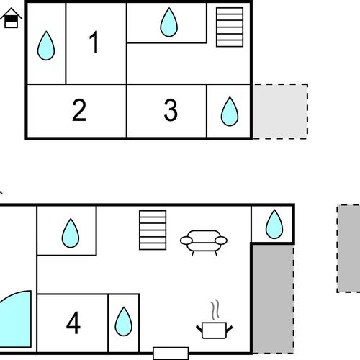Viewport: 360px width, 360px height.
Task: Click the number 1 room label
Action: pos(94,42)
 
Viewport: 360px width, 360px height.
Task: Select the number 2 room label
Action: pos(79,110)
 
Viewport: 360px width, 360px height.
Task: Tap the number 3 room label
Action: pos(171,110)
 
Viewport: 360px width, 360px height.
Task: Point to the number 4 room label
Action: pos(73,323)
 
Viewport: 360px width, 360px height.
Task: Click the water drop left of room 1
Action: pos(46,45)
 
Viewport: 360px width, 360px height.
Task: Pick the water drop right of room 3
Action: pos(230,112)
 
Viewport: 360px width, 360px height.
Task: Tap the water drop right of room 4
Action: pos(123,321)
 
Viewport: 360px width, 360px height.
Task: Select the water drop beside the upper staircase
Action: pos(168,22)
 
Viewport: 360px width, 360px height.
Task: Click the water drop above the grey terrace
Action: pos(274,224)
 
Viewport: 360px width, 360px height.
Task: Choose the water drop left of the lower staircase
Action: pos(71,233)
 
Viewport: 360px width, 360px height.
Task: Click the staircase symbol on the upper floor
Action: pos(230,27)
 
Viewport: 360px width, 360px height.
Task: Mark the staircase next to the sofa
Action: pos(153,230)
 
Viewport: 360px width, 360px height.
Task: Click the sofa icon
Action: pos(204,243)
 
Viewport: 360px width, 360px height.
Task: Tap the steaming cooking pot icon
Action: pos(214,330)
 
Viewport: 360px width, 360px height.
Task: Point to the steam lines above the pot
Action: pos(215,310)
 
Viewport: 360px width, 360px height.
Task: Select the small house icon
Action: pos(11,18)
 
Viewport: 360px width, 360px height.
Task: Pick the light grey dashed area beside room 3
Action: pos(280,111)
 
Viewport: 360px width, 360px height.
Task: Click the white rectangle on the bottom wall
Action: pos(171,354)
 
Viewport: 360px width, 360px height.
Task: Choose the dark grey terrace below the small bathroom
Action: pos(273,299)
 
